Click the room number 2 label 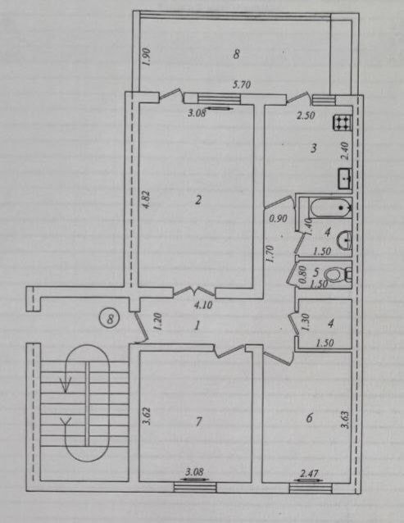(198, 198)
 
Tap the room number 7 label (197, 421)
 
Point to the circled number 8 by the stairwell (108, 315)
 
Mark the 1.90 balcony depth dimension (145, 57)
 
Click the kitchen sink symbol (345, 176)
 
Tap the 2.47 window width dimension (309, 473)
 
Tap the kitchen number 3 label (313, 148)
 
